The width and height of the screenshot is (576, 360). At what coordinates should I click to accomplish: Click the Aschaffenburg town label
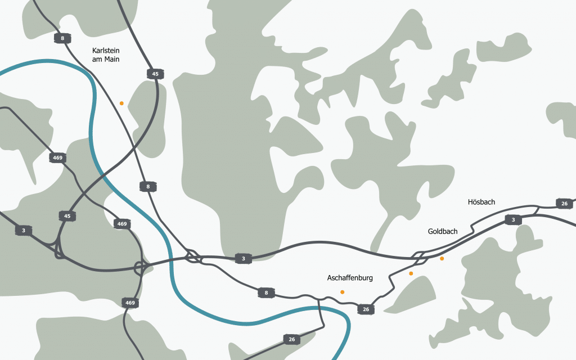point(350,278)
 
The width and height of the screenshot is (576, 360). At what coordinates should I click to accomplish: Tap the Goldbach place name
point(443,231)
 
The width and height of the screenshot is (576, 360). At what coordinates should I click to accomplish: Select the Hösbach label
point(481,202)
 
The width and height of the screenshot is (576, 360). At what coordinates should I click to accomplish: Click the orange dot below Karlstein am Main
point(121,103)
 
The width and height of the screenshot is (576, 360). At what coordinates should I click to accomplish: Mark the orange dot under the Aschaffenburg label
point(342,292)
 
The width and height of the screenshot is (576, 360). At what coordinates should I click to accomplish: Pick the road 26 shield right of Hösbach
point(564,203)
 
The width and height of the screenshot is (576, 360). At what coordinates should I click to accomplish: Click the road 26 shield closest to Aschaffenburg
point(366,309)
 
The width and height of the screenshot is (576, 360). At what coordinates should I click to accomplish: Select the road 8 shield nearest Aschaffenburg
point(265,292)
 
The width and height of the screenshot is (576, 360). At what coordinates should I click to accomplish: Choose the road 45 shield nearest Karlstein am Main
point(155,74)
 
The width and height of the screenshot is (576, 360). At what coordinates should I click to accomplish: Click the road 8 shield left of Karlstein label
point(62,38)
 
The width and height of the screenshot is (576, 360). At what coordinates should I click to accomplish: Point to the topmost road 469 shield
point(57,157)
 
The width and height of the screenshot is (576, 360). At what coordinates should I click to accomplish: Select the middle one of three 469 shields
point(121,224)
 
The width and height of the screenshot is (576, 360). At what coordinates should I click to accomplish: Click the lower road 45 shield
point(67,216)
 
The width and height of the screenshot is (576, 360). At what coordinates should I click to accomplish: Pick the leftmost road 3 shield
point(24,230)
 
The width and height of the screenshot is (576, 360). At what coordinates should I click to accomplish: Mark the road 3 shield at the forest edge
point(243,259)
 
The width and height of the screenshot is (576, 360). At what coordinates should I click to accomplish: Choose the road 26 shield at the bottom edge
point(291,339)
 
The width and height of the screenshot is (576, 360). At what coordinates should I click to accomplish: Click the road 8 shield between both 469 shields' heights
point(148,186)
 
